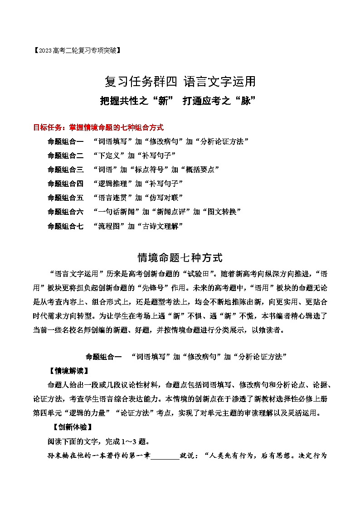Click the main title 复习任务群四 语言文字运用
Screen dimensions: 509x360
click(180, 82)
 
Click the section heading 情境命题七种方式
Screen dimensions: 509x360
click(180, 258)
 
